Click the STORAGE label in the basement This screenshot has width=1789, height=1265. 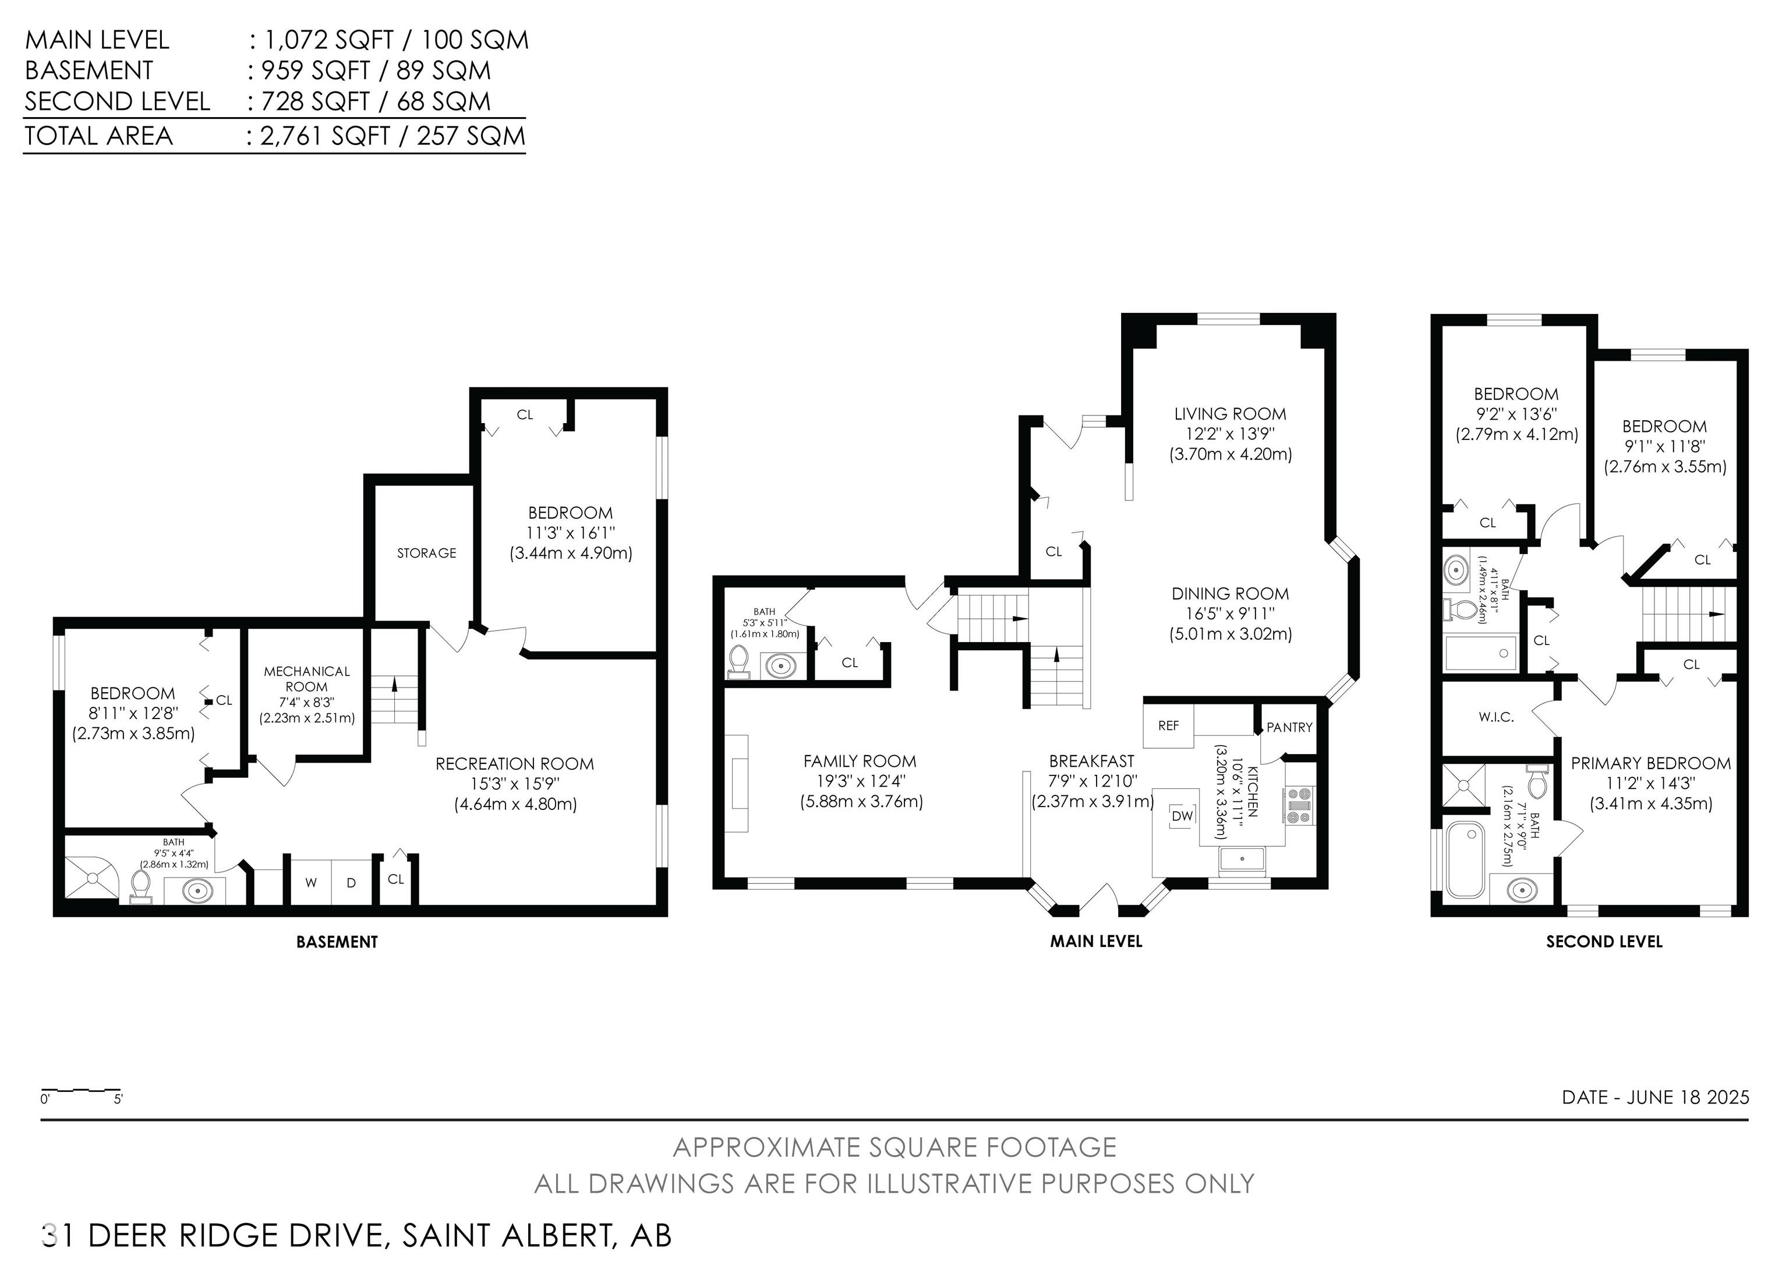point(426,552)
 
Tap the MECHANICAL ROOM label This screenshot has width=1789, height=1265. point(306,679)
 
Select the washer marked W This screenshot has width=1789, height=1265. point(311,882)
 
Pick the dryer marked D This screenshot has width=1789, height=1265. point(351,882)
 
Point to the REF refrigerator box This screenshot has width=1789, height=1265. point(1168,725)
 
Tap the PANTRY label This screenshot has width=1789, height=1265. point(1289,727)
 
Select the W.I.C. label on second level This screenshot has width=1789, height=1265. point(1496,717)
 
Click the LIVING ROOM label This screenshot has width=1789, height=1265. point(1231,414)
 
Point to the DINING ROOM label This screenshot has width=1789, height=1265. point(1231,594)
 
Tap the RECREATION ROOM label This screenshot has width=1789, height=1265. point(514,764)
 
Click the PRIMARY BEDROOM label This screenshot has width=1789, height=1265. point(1650,763)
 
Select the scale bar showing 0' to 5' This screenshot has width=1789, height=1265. point(81,1090)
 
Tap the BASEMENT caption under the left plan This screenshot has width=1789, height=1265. point(337,942)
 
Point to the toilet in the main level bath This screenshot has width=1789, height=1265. point(738,664)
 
